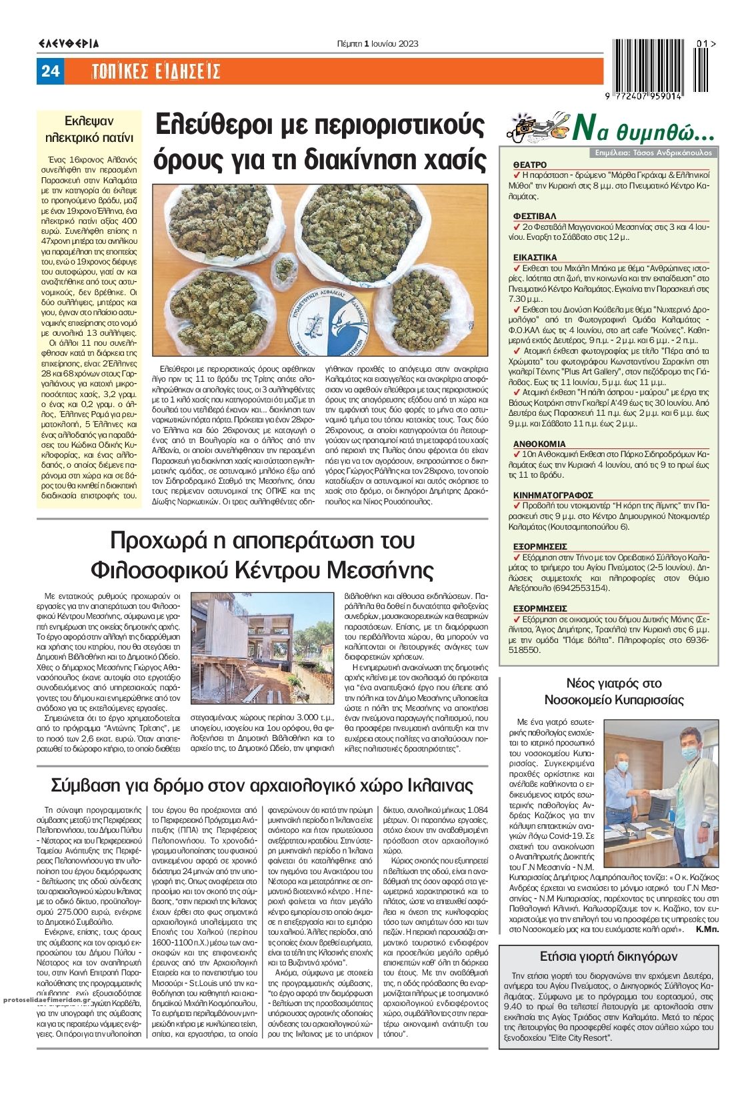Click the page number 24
coord(51,71)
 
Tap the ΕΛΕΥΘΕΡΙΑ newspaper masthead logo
coord(68,44)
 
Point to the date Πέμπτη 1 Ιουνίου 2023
coord(378,44)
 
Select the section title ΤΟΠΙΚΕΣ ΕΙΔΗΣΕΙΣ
coord(155,71)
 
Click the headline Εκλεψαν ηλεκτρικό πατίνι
coord(89,129)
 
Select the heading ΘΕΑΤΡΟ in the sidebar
coord(530,164)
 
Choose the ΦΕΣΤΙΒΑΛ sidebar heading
coord(535,216)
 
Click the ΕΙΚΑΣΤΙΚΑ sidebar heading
coord(535,257)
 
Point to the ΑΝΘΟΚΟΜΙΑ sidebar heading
coord(539,443)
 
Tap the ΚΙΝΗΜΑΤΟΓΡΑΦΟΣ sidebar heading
coord(553,495)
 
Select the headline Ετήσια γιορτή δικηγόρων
coord(608,956)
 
